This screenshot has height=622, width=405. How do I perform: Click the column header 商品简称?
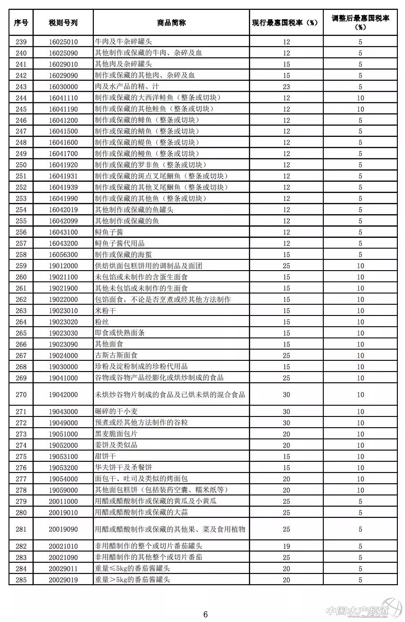(x=172, y=22)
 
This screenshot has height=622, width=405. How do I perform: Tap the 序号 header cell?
(x=21, y=22)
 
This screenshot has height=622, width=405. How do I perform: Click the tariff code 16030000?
(x=63, y=87)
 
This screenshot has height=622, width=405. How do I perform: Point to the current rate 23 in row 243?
(x=286, y=87)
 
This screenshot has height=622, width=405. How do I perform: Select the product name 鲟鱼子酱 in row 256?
(x=109, y=232)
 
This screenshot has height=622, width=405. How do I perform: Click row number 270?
(x=21, y=395)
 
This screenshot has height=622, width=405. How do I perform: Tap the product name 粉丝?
(x=102, y=322)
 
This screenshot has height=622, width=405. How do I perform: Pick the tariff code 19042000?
(x=63, y=395)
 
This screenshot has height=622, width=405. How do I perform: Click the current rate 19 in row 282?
(x=286, y=546)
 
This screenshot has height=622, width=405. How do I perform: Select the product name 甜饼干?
(x=106, y=456)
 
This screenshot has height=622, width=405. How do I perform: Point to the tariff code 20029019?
(x=63, y=580)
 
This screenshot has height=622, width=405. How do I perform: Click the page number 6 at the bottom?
(x=206, y=614)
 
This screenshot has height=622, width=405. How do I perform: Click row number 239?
(x=21, y=42)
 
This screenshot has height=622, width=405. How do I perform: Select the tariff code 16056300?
(x=63, y=254)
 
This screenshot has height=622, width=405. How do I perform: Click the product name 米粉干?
(x=106, y=311)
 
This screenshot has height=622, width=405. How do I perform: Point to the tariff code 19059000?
(x=63, y=490)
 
